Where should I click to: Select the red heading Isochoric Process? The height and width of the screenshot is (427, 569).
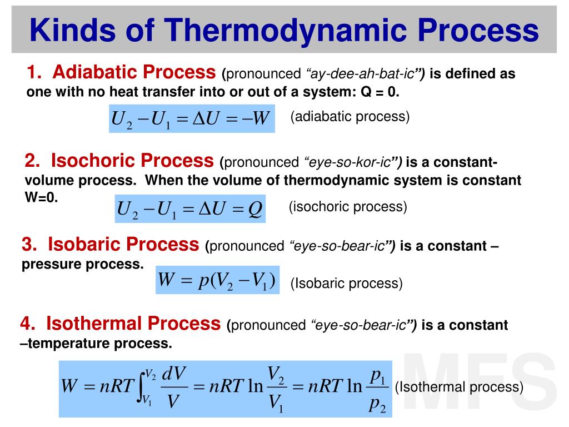pyautogui.click(x=119, y=161)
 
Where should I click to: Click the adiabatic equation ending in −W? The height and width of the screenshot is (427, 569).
pyautogui.click(x=191, y=119)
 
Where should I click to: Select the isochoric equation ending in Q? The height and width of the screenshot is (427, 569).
pyautogui.click(x=189, y=209)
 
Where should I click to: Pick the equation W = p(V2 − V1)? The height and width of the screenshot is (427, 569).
pyautogui.click(x=217, y=280)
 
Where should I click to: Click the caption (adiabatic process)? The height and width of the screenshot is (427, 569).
pyautogui.click(x=350, y=117)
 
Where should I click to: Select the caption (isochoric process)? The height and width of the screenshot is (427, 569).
pyautogui.click(x=348, y=207)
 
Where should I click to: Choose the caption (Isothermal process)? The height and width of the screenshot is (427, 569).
pyautogui.click(x=459, y=387)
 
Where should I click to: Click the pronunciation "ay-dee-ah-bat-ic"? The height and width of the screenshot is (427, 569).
pyautogui.click(x=364, y=74)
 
